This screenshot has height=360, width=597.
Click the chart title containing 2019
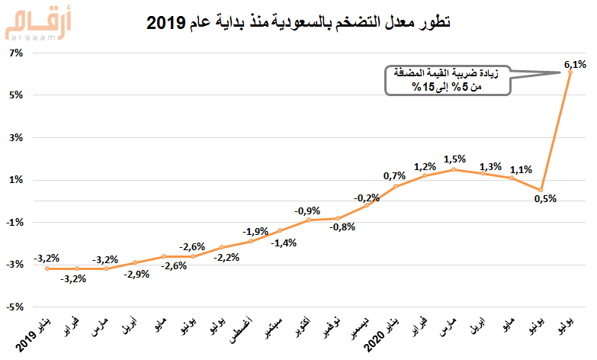[298, 24]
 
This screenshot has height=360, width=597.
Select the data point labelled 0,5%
[540, 190]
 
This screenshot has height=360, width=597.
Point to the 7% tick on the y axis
[17, 53]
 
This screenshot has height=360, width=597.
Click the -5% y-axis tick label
[15, 307]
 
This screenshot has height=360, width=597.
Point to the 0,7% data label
[394, 176]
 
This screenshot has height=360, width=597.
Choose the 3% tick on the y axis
[17, 138]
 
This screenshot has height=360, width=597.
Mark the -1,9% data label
[255, 231]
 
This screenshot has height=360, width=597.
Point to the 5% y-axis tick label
[17, 95]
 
